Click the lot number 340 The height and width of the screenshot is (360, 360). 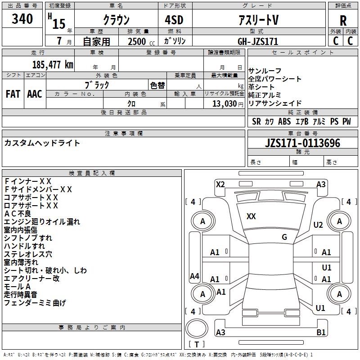point(22,19)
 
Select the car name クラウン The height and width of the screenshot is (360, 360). point(116,20)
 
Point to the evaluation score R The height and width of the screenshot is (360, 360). point(343,21)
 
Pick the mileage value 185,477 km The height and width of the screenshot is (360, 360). point(53,64)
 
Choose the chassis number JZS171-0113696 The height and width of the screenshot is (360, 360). point(302,144)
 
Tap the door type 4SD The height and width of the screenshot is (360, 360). point(175,20)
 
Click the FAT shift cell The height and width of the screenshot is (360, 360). point(13,94)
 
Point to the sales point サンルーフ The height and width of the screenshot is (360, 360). point(265,71)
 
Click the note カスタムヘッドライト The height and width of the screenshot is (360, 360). point(42,143)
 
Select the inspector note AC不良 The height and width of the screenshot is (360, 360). point(18,213)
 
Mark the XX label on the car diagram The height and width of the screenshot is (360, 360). point(251,216)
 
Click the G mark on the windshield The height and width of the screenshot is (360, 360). point(284,237)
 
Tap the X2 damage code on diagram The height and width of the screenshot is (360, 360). point(220,184)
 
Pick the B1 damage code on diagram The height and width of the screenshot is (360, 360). point(321,333)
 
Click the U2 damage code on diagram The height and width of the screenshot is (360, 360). point(319,225)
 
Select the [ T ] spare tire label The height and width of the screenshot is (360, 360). point(197,345)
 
